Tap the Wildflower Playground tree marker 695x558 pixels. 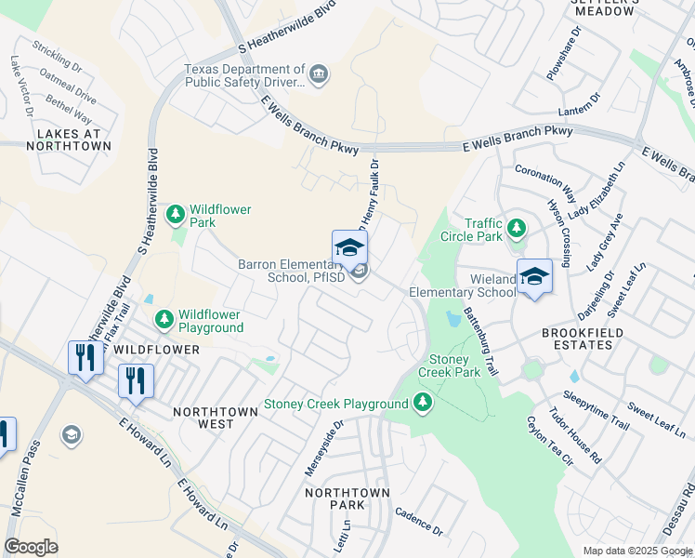coord(164,320)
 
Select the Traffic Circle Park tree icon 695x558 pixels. coord(517,227)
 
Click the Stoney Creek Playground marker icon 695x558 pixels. coord(423,403)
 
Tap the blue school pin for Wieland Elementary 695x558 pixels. coord(534,277)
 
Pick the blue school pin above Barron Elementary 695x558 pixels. coord(349,248)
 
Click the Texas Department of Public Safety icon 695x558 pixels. coord(320,75)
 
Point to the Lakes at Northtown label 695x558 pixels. coord(73,140)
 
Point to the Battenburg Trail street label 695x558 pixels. coord(482,341)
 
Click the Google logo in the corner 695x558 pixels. coord(31,547)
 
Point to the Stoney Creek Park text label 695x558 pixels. coord(454,365)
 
